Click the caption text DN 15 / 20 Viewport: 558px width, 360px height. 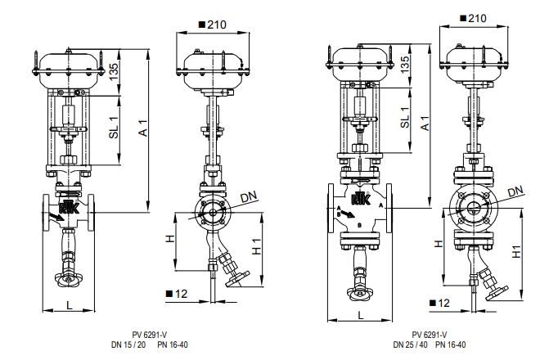click(x=128, y=344)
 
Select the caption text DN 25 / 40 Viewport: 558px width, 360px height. click(x=410, y=344)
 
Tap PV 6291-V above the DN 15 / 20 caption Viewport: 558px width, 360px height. click(x=150, y=335)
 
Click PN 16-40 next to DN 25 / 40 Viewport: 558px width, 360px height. click(x=450, y=344)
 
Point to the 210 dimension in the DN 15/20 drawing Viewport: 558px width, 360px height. click(x=217, y=25)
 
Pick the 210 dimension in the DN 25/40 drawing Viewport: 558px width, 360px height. click(x=477, y=18)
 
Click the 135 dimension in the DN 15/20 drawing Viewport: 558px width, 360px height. click(x=114, y=72)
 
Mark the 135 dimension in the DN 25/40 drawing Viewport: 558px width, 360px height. click(x=405, y=65)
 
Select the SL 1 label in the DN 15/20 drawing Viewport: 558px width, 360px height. click(x=114, y=128)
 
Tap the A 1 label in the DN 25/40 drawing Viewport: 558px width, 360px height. click(x=425, y=123)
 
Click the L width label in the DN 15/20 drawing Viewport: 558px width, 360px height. click(x=69, y=305)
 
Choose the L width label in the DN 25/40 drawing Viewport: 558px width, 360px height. click(x=361, y=315)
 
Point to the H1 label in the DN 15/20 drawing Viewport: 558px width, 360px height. click(x=257, y=246)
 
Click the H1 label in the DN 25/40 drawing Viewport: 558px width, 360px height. click(x=516, y=252)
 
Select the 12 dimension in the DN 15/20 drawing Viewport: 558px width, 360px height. click(x=181, y=294)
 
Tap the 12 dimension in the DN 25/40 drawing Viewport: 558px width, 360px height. click(x=443, y=303)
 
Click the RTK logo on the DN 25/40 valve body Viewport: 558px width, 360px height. click(x=361, y=199)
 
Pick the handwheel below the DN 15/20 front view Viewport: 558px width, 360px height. click(x=69, y=279)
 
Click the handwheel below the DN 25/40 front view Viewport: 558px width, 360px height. click(x=360, y=294)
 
